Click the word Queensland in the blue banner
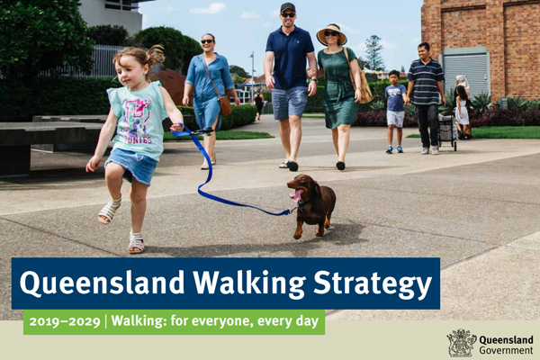point(103,283)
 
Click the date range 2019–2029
point(65,322)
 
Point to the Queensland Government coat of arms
point(461,343)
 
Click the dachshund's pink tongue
point(296,195)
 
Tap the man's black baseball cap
point(288,7)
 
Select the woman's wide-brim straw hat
point(331,34)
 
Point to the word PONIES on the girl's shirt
point(139,139)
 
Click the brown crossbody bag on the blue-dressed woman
point(226,106)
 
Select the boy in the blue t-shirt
point(395,112)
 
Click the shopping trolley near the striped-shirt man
point(447,132)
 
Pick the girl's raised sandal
point(110,210)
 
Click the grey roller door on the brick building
point(466,73)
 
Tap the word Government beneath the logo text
point(506,351)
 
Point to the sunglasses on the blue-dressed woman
point(207,41)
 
